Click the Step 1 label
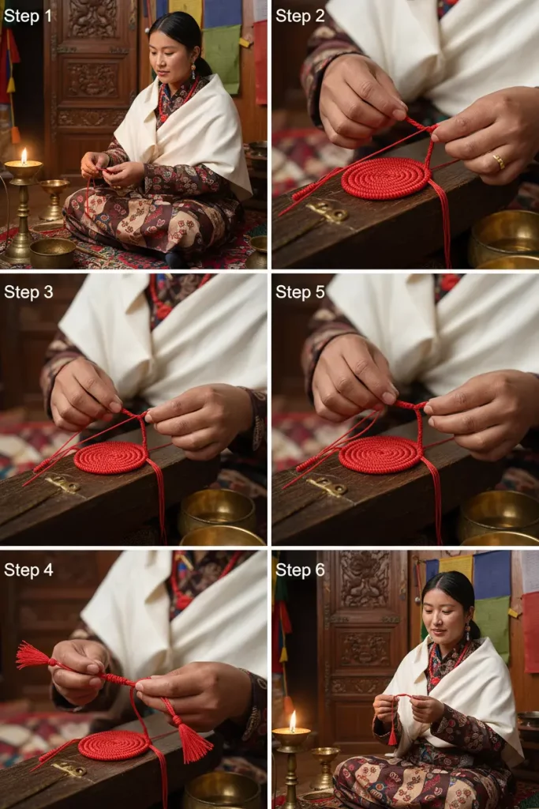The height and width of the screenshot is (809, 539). (x=28, y=16)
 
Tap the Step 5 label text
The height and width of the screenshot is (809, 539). (x=301, y=292)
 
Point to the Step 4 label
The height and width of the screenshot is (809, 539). (x=28, y=570)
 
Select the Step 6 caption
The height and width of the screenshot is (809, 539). (x=301, y=570)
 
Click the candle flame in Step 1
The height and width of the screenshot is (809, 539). (x=24, y=156)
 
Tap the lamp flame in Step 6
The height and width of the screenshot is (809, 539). (x=293, y=721)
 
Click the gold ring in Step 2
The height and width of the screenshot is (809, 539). (x=498, y=161)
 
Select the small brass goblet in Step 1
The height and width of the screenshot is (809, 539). (x=54, y=198)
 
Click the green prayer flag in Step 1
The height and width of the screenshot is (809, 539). (x=222, y=58)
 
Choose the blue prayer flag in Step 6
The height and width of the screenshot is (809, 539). (x=492, y=574)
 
